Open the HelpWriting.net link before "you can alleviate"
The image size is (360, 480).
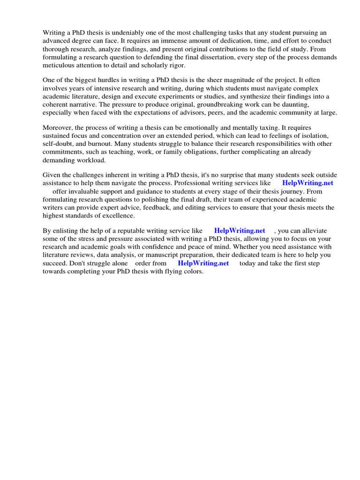coord(240,231)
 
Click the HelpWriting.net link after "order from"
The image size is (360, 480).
coord(203,263)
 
